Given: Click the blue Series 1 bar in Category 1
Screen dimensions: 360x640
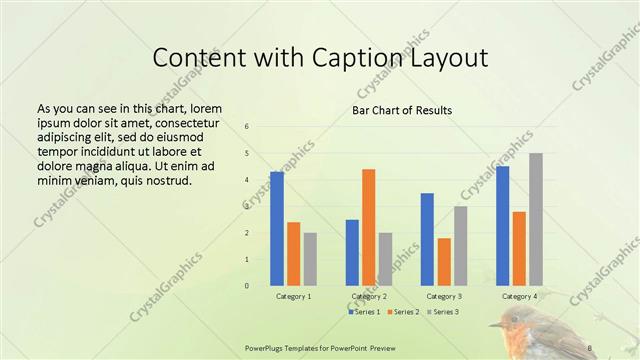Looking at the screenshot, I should tap(277, 229).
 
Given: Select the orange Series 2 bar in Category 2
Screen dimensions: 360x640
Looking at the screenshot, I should tap(368, 227).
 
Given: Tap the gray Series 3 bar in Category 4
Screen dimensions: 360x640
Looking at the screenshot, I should tap(535, 219).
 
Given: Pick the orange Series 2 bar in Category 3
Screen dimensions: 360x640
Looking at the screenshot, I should tap(444, 262).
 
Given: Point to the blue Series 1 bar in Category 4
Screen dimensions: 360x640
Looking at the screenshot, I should tap(502, 226).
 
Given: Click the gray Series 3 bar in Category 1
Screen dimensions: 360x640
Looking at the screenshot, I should tap(310, 259).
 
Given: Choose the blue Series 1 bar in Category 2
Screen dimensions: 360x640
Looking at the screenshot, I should tap(352, 252).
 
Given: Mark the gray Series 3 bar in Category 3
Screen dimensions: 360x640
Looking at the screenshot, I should tap(460, 246).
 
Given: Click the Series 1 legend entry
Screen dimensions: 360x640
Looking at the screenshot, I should tap(367, 312).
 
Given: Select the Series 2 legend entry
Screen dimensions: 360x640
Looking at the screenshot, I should tap(403, 312).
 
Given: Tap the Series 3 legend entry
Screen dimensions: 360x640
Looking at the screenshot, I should tap(443, 312).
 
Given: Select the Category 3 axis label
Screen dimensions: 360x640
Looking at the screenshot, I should tap(443, 297).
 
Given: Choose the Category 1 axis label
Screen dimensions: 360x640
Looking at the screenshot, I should tap(293, 297).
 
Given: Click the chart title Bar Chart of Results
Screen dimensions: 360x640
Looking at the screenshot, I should tap(402, 109).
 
